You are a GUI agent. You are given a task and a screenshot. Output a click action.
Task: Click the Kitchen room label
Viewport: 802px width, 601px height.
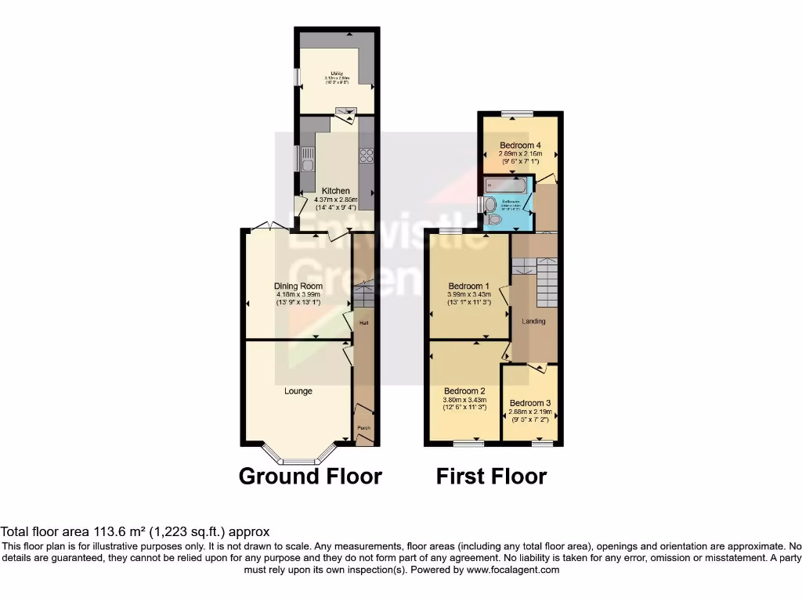(336, 191)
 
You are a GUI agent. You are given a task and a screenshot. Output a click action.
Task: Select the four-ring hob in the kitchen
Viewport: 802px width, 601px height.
(365, 156)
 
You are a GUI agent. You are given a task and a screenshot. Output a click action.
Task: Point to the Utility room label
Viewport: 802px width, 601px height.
(337, 75)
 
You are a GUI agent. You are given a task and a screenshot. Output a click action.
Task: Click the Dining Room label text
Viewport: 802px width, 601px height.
(298, 286)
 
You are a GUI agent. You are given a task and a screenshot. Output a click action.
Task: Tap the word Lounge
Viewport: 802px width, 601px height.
(298, 390)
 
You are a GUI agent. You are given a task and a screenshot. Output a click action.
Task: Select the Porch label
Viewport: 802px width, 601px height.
(363, 428)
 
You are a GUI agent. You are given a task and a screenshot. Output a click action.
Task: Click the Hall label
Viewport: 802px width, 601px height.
(363, 322)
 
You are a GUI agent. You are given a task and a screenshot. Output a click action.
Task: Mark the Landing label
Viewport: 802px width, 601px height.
(534, 321)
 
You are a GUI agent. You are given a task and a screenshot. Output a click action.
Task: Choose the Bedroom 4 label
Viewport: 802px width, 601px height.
(520, 146)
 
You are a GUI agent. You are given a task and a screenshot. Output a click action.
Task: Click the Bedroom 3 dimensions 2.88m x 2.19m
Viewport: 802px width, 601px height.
(530, 412)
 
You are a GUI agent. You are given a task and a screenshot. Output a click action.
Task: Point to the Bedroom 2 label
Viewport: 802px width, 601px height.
(465, 390)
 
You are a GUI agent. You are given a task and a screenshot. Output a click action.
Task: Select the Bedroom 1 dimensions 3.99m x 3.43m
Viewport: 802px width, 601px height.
(469, 294)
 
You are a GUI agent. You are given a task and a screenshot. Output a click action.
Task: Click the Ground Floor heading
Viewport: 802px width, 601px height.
(310, 476)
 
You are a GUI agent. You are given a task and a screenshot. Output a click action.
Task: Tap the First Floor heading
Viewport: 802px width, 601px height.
(491, 476)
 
